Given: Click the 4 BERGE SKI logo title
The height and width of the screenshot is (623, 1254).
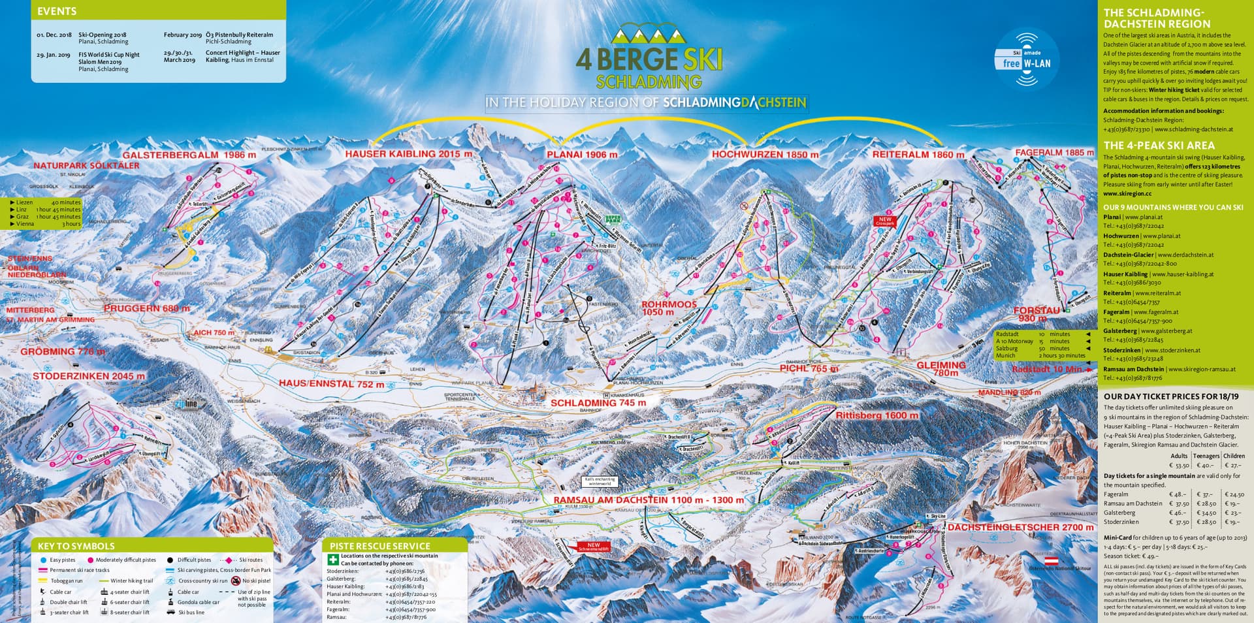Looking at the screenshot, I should [x=649, y=59].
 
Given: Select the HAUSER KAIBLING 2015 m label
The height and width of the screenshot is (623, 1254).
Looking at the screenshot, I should [x=408, y=154].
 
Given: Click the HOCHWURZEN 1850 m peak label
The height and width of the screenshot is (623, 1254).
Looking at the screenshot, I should [x=765, y=155].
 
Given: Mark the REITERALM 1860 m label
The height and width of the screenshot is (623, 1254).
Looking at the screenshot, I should [x=918, y=155].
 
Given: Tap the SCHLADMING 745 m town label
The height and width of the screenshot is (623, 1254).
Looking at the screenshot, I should [x=598, y=403].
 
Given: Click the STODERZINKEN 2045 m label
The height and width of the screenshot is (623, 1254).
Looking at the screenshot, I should [x=89, y=376].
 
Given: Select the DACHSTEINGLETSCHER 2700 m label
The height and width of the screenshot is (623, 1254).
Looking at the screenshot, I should [x=1020, y=527].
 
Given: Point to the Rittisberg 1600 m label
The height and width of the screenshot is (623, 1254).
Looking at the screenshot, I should [x=876, y=415].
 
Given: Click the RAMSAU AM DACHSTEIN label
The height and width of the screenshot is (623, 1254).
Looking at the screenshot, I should [x=648, y=500].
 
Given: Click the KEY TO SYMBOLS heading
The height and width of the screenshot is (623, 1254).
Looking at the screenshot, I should [x=76, y=546].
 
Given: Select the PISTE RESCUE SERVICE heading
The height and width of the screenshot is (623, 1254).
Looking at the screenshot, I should [x=379, y=546].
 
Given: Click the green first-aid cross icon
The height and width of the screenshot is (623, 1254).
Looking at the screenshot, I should [x=333, y=559].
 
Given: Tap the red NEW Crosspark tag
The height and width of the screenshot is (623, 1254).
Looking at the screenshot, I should [x=884, y=221].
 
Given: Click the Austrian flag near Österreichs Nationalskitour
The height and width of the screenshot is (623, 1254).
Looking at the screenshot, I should [x=1052, y=561].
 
